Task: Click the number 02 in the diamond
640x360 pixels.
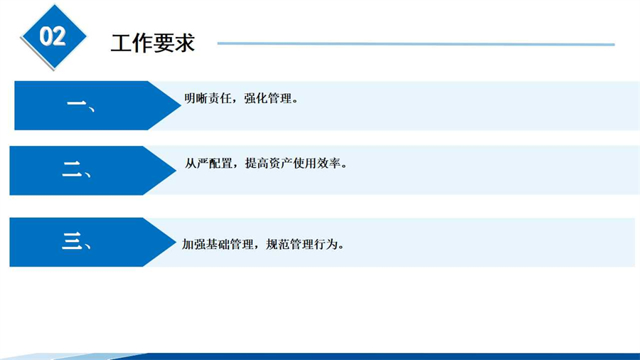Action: click(53, 36)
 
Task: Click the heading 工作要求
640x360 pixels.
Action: click(153, 43)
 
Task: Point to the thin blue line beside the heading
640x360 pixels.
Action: click(416, 43)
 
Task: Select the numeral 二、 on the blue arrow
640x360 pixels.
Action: click(77, 170)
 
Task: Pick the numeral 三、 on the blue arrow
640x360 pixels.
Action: click(77, 241)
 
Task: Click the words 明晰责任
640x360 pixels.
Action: click(208, 98)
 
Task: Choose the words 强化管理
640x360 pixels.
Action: click(268, 98)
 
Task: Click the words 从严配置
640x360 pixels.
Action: click(208, 163)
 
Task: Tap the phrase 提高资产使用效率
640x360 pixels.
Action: click(293, 163)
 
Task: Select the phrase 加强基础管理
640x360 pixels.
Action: click(218, 244)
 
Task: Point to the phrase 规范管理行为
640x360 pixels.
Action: click(302, 244)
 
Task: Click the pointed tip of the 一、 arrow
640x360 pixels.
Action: click(181, 105)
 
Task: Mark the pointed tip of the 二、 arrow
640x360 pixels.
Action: click(176, 170)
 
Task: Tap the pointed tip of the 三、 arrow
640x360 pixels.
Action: click(176, 242)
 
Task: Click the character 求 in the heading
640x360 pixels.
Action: click(185, 43)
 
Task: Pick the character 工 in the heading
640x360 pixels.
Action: click(121, 43)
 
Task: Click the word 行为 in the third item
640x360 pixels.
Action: click(326, 244)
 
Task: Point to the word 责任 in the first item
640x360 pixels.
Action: click(220, 98)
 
